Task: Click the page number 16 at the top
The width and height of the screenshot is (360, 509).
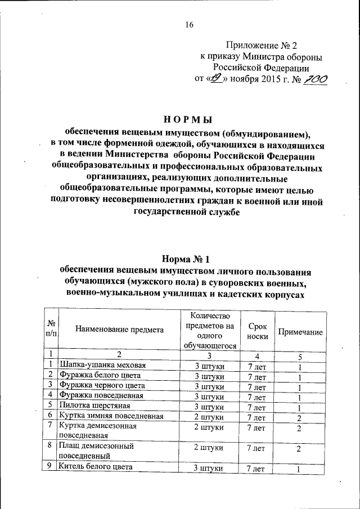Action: pyautogui.click(x=189, y=24)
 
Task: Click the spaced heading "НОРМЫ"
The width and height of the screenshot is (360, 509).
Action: pyautogui.click(x=187, y=120)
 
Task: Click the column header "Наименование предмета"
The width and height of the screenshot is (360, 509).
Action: pyautogui.click(x=119, y=330)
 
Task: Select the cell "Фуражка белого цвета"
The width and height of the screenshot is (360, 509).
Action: pyautogui.click(x=101, y=375)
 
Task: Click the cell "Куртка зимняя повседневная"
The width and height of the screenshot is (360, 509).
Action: pyautogui.click(x=111, y=416)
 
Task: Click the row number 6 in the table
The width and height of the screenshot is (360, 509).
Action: pyautogui.click(x=50, y=416)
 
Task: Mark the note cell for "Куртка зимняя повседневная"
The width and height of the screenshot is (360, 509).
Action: pyautogui.click(x=300, y=417)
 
